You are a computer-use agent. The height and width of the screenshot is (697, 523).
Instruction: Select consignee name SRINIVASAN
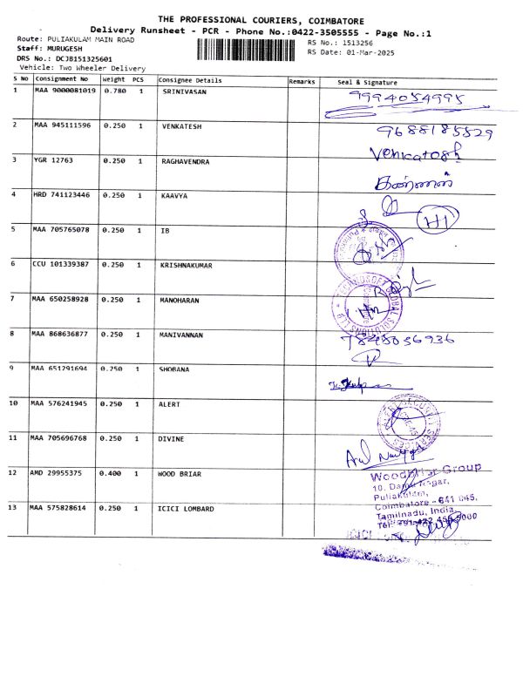[185, 91]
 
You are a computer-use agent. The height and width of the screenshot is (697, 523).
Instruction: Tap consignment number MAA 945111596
[62, 125]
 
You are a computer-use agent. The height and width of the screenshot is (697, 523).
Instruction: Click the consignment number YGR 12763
[53, 160]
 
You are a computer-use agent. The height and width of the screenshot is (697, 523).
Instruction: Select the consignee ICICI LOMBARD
[187, 508]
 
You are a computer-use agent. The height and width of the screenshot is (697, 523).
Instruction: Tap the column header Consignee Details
[190, 80]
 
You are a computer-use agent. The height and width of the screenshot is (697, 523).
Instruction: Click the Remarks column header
[302, 80]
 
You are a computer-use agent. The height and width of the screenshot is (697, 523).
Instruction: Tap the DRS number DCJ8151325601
[83, 58]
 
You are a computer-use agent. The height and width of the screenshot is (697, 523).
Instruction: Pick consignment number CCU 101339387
[62, 264]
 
